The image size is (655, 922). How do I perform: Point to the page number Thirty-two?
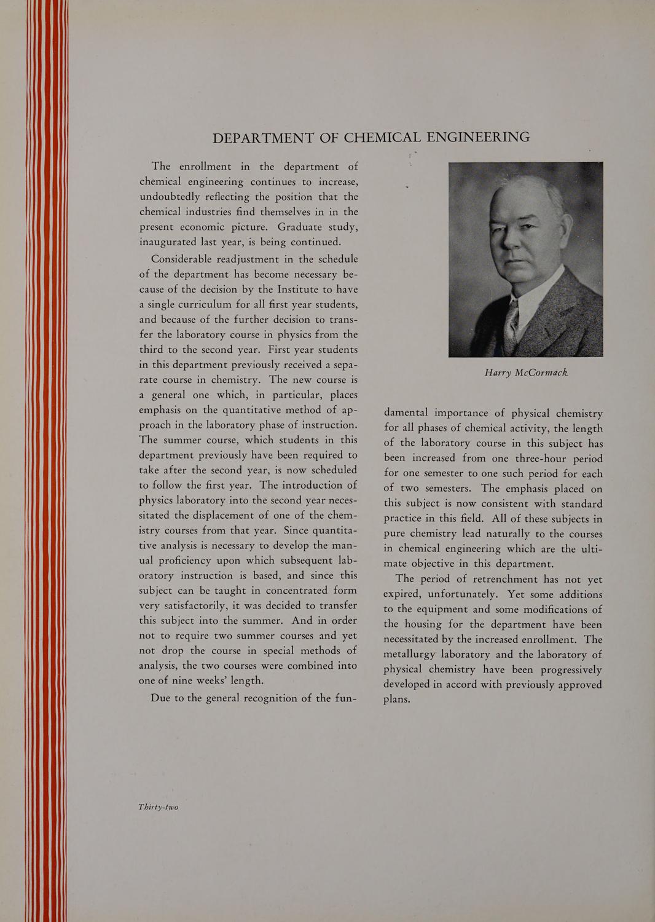(x=159, y=807)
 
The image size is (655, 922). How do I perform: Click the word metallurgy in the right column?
(x=413, y=654)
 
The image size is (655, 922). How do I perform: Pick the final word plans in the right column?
(x=396, y=699)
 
